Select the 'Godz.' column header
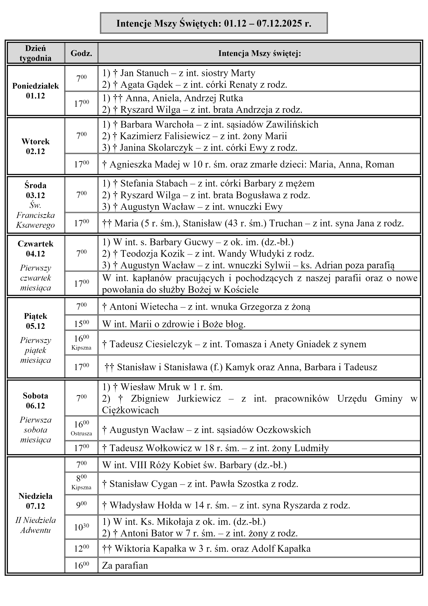tap(81, 53)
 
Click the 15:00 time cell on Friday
tap(81, 323)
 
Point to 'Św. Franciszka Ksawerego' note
tap(36, 215)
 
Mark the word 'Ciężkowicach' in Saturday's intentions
tap(130, 410)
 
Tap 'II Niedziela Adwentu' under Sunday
tap(36, 525)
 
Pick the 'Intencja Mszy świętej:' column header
tap(260, 53)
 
